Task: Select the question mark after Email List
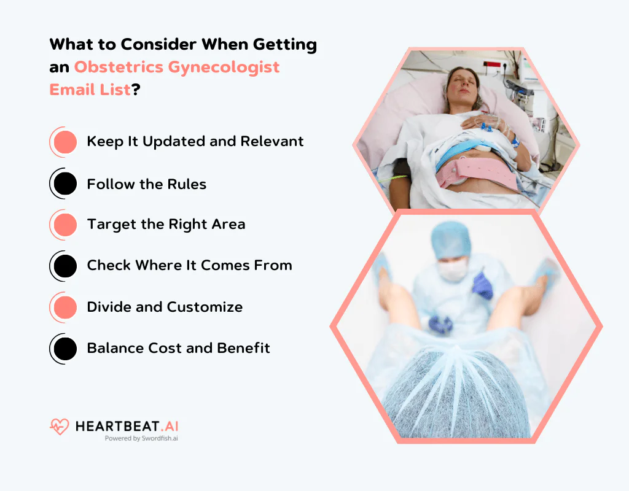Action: tap(136, 90)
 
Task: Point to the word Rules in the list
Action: tap(187, 184)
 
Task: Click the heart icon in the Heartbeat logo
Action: tap(60, 427)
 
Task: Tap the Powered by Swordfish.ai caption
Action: tap(141, 439)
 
